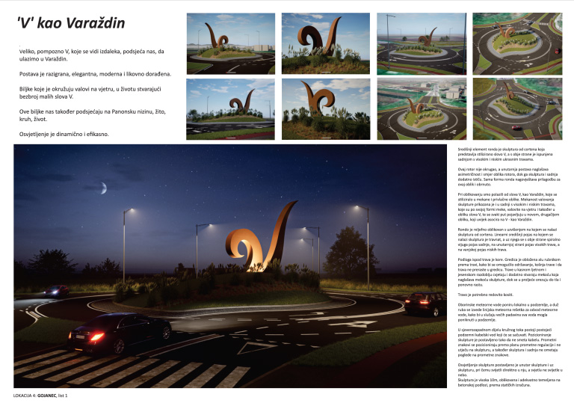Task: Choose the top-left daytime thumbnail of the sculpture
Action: (229, 43)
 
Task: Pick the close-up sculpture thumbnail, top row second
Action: (325, 43)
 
